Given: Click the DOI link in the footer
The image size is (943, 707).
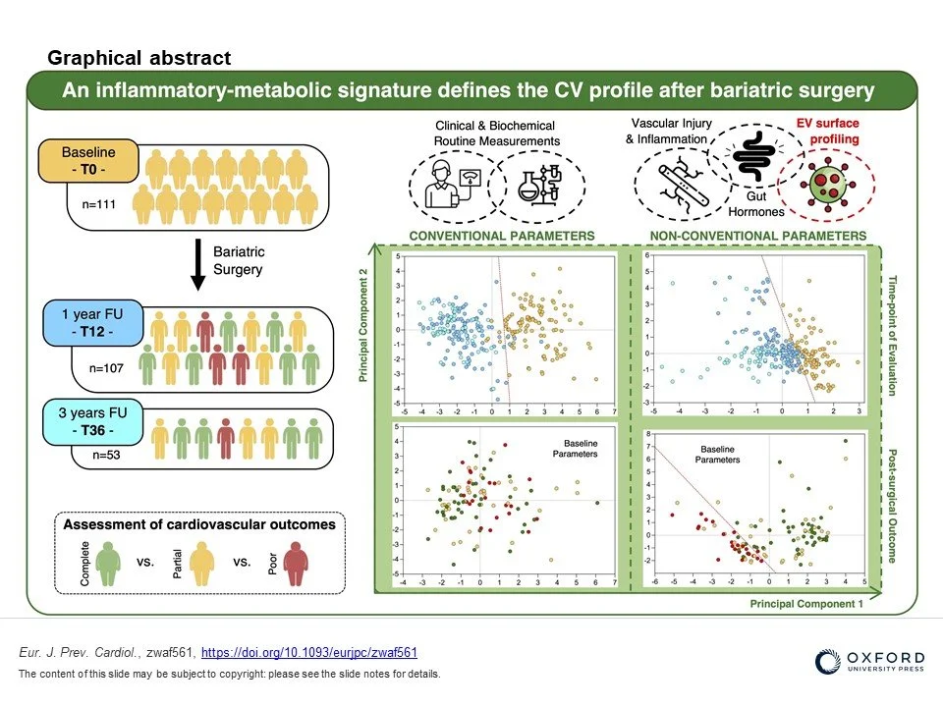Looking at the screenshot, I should click(309, 652).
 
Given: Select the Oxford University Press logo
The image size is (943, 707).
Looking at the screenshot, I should click(870, 663).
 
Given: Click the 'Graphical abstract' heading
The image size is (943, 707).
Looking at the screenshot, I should click(139, 58).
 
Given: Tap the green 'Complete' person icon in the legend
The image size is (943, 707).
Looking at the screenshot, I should click(109, 567).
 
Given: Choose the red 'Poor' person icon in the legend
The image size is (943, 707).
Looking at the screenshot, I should click(296, 567).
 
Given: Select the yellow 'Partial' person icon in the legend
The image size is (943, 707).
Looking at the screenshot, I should click(202, 567).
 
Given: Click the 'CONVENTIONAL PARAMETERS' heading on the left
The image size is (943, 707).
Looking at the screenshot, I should click(501, 236).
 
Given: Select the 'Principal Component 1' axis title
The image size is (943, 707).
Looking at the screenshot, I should click(807, 604).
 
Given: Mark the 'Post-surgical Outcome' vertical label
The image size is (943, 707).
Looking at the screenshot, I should click(894, 506).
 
